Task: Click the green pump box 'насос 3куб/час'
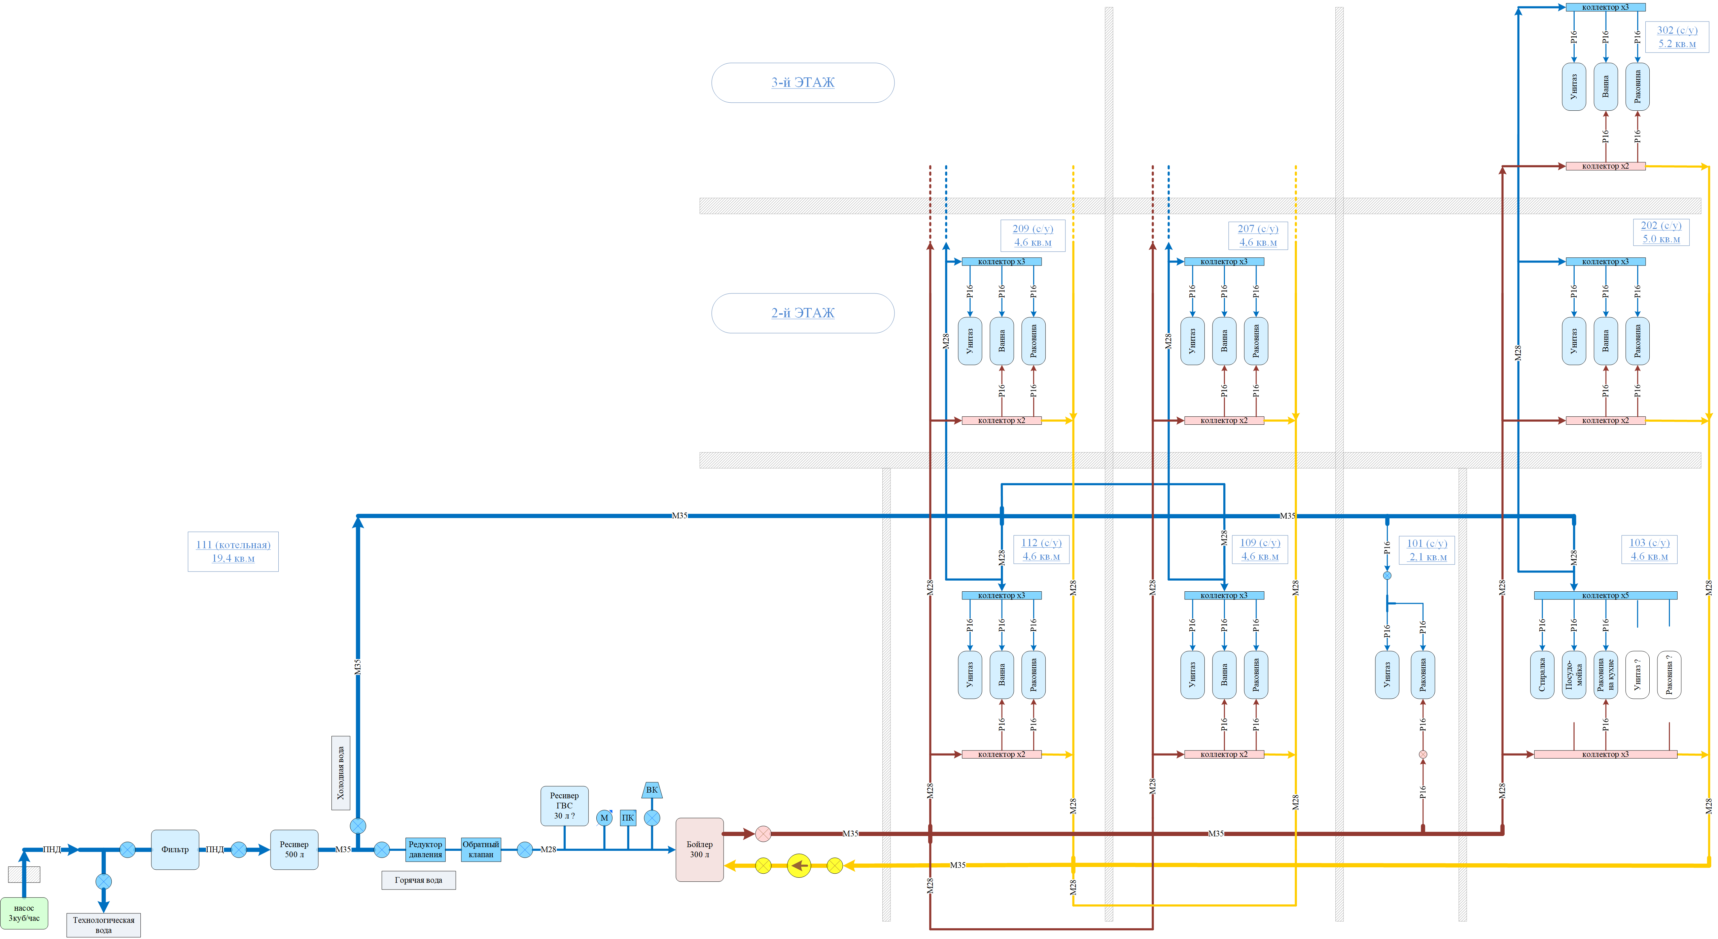pos(24,913)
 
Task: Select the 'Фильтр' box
pos(175,849)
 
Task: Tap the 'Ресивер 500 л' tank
pos(294,849)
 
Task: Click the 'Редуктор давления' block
pos(425,849)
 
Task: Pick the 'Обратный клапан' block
pos(481,849)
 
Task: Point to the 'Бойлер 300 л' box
pos(700,849)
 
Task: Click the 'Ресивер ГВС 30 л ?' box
pos(564,806)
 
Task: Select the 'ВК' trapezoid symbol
pos(652,790)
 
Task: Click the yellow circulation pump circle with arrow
pos(799,866)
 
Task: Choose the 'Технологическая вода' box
pos(103,925)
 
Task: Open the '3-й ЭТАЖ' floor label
pos(803,83)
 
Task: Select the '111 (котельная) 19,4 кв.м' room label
pos(234,552)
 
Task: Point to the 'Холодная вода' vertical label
pos(341,773)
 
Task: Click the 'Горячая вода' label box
pos(419,880)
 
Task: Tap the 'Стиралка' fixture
pos(1542,675)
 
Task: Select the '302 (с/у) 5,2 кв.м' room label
pos(1677,37)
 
